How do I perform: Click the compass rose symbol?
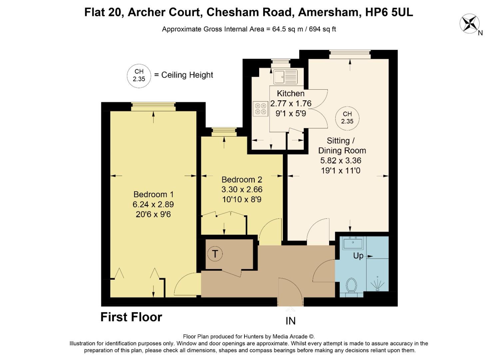(x=469, y=24)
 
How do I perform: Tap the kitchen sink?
(x=285, y=77)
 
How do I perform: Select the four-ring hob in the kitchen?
(x=260, y=109)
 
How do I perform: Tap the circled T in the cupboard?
(x=215, y=254)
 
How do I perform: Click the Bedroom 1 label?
(x=153, y=194)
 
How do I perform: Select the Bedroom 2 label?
(x=242, y=180)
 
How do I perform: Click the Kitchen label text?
(x=290, y=94)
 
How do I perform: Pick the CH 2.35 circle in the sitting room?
(x=347, y=118)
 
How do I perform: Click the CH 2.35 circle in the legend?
(x=139, y=75)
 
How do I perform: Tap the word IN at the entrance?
(x=290, y=321)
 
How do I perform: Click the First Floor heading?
(x=131, y=317)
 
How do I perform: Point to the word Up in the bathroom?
(x=358, y=256)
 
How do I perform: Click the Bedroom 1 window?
(x=153, y=107)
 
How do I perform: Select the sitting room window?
(x=350, y=54)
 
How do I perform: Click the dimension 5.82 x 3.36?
(x=340, y=161)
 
